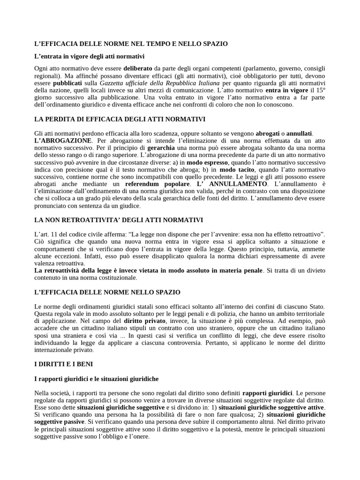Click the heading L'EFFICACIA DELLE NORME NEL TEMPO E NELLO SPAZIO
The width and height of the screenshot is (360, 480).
click(131, 44)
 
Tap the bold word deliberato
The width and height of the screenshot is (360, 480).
click(138, 68)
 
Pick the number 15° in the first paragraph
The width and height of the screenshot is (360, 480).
click(320, 90)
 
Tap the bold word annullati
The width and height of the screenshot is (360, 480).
click(299, 134)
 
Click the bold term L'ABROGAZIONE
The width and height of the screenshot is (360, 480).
click(64, 141)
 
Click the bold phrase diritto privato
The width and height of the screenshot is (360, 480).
click(144, 321)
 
